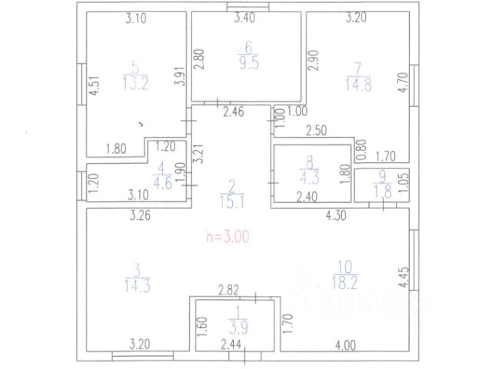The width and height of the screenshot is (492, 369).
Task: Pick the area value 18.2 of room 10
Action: coord(344,284)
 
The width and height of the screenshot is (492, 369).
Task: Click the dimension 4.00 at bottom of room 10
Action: coord(349,344)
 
